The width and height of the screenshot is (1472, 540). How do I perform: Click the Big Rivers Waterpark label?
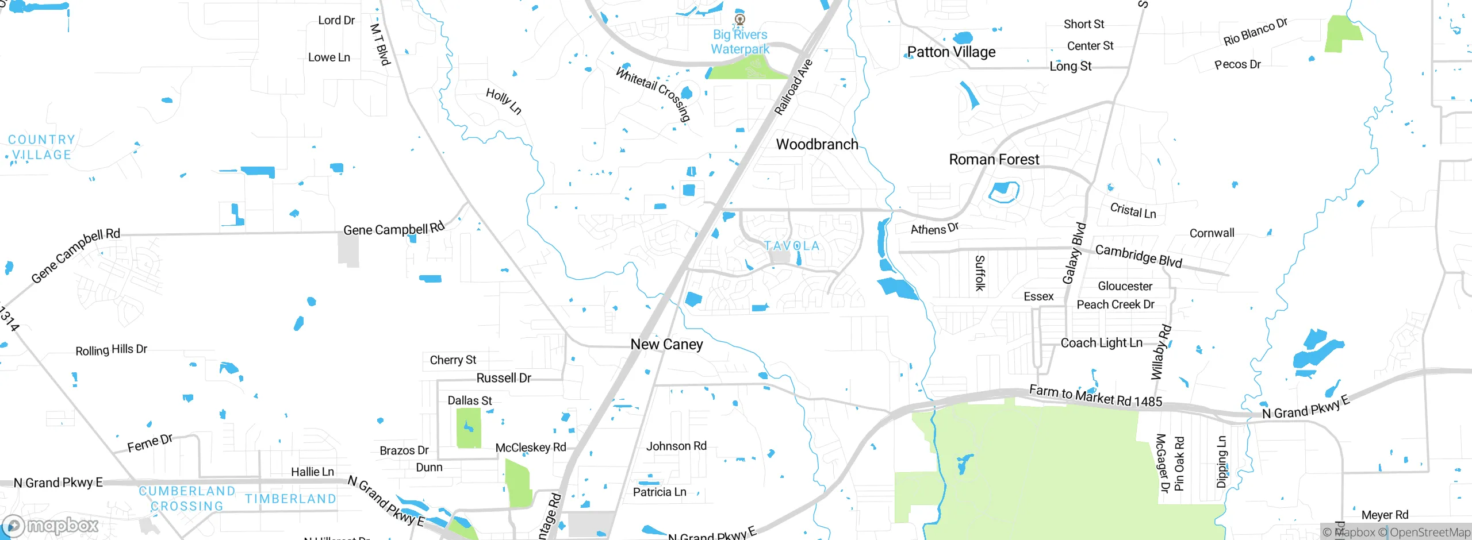[740, 42]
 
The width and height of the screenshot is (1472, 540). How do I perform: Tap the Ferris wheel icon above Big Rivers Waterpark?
[740, 20]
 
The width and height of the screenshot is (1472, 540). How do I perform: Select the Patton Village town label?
[951, 52]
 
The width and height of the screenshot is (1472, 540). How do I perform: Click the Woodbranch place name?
[817, 144]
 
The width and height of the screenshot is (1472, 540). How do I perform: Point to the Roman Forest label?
[994, 159]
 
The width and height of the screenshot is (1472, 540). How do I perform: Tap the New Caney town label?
[666, 344]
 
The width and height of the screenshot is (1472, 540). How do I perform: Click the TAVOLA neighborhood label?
[792, 246]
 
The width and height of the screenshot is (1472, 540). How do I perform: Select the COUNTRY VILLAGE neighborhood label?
[41, 147]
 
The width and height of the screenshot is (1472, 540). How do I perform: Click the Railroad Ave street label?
[793, 87]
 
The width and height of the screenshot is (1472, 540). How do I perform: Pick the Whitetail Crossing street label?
[653, 94]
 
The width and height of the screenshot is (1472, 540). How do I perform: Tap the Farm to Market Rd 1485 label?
[1095, 396]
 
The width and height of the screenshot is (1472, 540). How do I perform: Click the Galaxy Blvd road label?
[1074, 253]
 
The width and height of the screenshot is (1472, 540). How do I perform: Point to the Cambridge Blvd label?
[1138, 256]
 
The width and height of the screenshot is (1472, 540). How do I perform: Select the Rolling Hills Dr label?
[111, 350]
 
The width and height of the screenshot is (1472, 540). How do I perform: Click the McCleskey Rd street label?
[531, 447]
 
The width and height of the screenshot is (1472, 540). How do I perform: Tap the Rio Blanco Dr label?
[1255, 32]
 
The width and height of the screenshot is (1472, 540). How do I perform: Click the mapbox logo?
[51, 526]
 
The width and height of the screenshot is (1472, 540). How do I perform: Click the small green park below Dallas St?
[469, 428]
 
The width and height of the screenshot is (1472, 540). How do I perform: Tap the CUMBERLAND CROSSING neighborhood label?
[187, 499]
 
